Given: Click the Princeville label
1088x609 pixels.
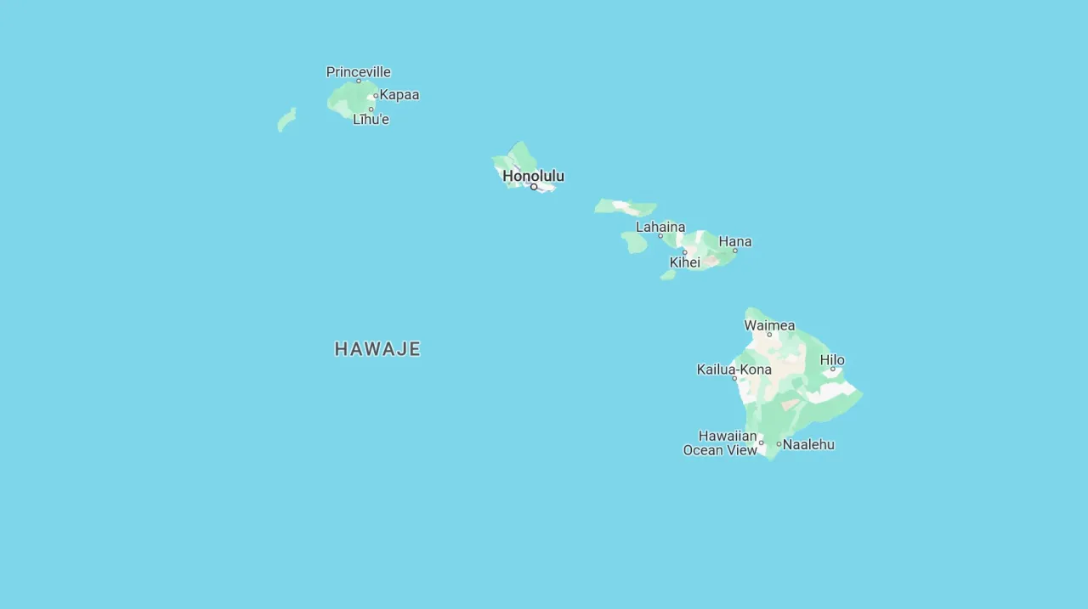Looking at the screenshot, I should pyautogui.click(x=358, y=72).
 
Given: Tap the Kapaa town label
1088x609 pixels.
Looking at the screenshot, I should pyautogui.click(x=399, y=95).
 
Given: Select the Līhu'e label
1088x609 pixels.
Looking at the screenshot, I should pyautogui.click(x=371, y=120).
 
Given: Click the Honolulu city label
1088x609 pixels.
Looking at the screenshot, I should pyautogui.click(x=533, y=176).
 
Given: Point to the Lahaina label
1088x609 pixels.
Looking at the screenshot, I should pyautogui.click(x=660, y=227).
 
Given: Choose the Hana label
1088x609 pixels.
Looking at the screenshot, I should pyautogui.click(x=735, y=241).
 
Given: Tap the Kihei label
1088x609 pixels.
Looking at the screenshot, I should pyautogui.click(x=684, y=262).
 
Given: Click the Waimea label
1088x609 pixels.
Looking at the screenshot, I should pyautogui.click(x=769, y=325).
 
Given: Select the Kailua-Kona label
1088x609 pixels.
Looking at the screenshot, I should pyautogui.click(x=734, y=369).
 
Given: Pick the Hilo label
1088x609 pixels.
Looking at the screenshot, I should pyautogui.click(x=832, y=360).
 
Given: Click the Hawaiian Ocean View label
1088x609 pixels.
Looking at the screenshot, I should pyautogui.click(x=720, y=443).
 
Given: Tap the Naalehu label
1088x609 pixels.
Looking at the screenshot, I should pyautogui.click(x=808, y=444).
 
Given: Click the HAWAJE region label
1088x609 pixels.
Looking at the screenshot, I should pyautogui.click(x=377, y=349).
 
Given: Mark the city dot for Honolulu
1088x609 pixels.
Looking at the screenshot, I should pyautogui.click(x=534, y=187).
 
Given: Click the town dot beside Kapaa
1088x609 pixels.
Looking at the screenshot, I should pyautogui.click(x=376, y=96).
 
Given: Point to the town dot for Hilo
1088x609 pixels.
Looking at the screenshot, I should pyautogui.click(x=832, y=369).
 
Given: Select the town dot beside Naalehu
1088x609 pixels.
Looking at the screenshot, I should pyautogui.click(x=779, y=444).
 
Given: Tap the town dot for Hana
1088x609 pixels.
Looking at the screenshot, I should pyautogui.click(x=735, y=251).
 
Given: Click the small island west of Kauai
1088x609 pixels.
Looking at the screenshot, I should pyautogui.click(x=286, y=120).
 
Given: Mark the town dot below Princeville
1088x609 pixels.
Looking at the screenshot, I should pyautogui.click(x=358, y=81).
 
